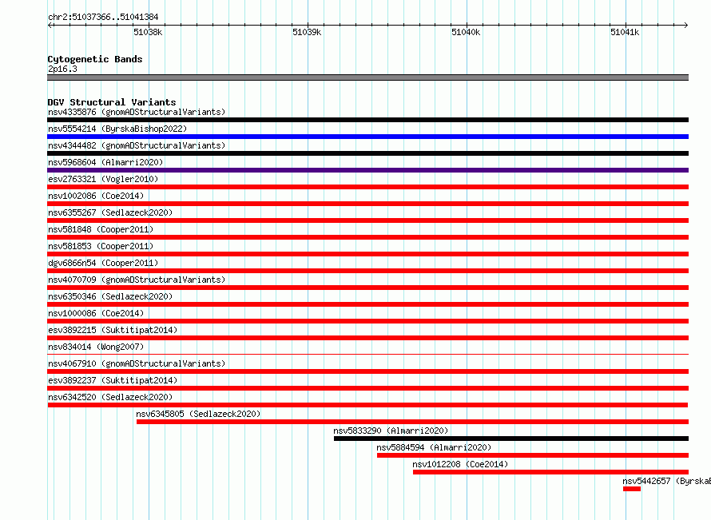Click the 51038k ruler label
coord(148,32)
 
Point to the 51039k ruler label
coord(307,32)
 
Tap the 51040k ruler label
coord(466,32)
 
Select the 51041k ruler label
coord(625,32)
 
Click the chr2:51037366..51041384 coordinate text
coord(103,18)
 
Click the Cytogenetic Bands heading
coord(95,59)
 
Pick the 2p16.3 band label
coord(62,69)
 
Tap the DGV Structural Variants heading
coord(112,102)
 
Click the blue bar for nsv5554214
coord(367,137)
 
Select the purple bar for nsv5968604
coord(367,170)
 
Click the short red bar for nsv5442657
coord(632,489)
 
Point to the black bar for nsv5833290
coord(511,439)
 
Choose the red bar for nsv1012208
coord(550,472)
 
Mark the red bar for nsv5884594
coord(533,455)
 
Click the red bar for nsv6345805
coord(413,422)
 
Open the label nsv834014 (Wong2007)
coord(96,347)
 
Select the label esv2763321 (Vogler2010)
coord(103,179)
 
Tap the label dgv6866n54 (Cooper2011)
coord(103,263)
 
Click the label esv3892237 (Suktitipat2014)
coord(113,380)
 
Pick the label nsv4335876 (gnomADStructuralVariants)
coord(137,112)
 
